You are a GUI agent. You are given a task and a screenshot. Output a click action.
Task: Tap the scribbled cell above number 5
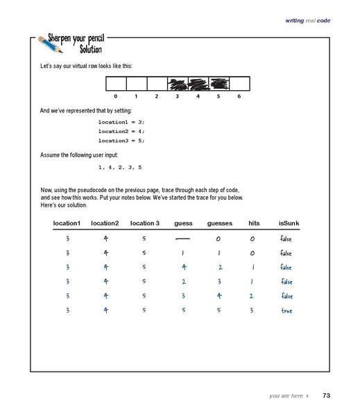(218, 85)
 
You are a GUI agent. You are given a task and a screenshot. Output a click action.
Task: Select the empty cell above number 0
(115, 85)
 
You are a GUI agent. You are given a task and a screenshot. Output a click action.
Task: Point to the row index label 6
(238, 96)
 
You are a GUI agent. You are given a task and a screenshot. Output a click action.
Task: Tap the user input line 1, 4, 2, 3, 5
(120, 168)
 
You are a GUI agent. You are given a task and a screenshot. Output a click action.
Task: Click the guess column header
(183, 223)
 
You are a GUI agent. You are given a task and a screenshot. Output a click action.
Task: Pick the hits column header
(253, 223)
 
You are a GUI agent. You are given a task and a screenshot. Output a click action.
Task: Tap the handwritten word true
(286, 311)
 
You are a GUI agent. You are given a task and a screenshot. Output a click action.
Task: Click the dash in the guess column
(183, 239)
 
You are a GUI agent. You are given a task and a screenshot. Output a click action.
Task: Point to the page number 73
(326, 396)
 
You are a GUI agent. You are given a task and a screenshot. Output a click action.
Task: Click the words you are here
(285, 396)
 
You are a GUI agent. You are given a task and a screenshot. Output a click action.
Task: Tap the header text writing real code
(308, 21)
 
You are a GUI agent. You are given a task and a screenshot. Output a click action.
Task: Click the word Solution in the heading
(83, 49)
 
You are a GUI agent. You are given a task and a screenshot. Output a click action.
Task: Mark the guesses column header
(218, 223)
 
